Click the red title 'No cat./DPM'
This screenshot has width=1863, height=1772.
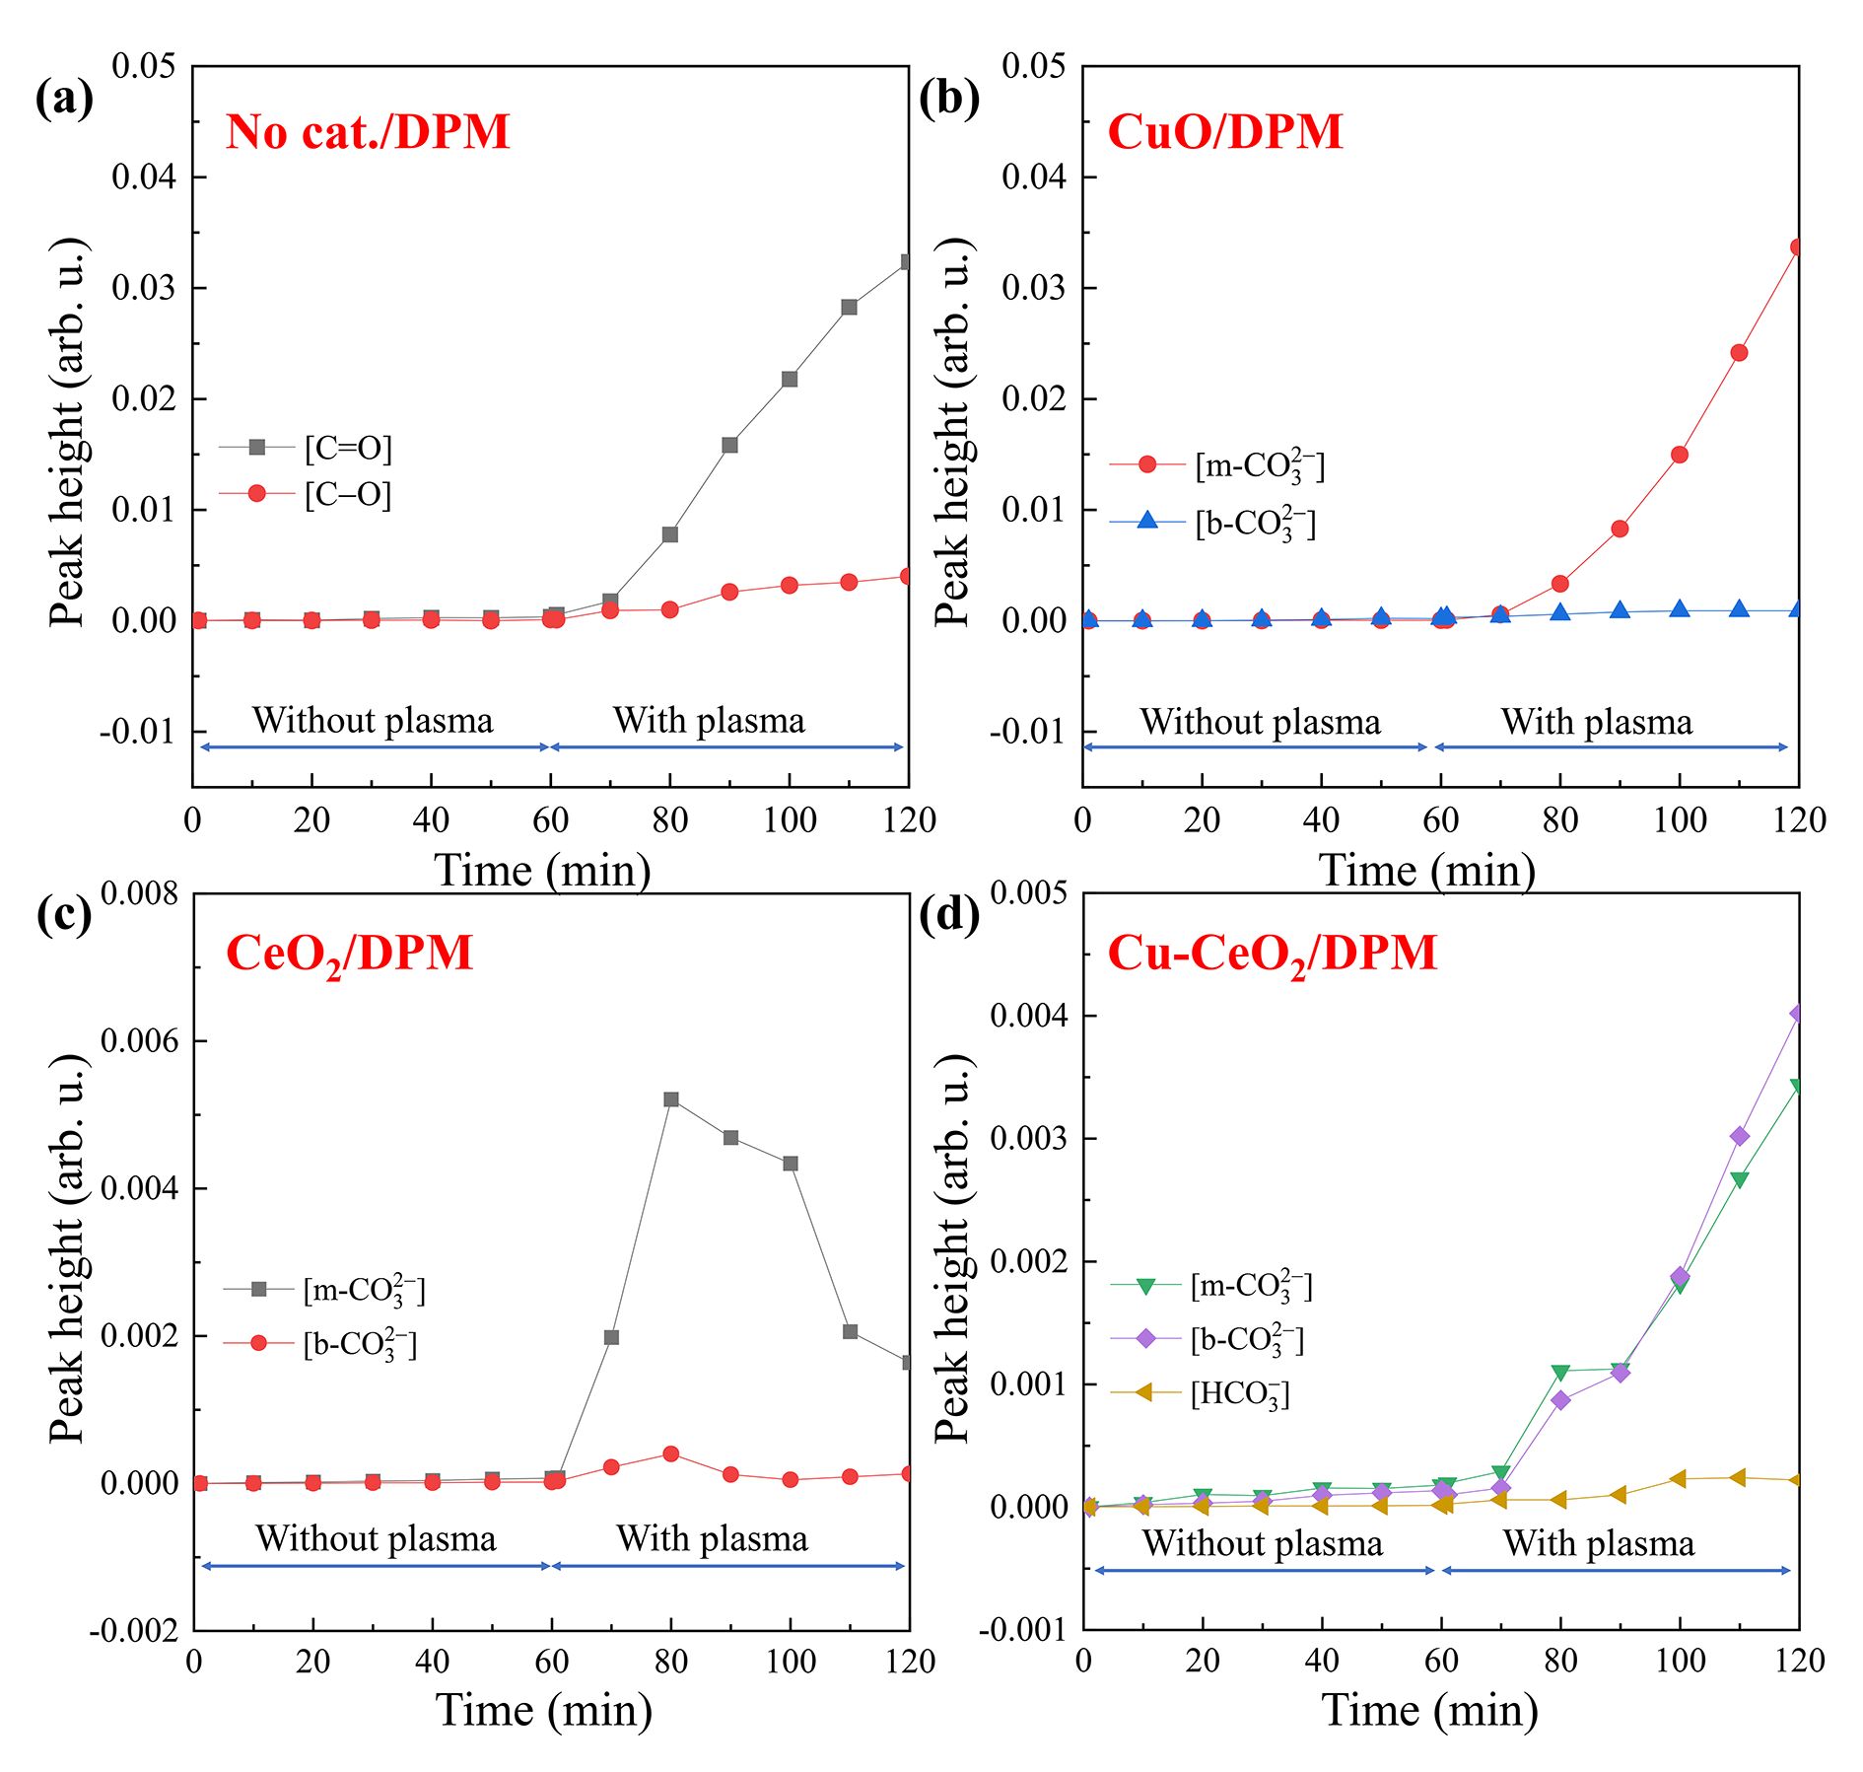pyautogui.click(x=368, y=131)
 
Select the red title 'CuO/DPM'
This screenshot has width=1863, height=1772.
pyautogui.click(x=1225, y=131)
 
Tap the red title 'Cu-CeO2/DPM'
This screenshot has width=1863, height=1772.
pyautogui.click(x=1272, y=954)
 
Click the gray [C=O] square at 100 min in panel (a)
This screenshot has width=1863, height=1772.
pyautogui.click(x=790, y=379)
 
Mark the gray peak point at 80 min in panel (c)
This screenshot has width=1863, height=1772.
pyautogui.click(x=671, y=1099)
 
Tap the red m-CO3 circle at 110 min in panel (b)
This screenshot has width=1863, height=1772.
pyautogui.click(x=1739, y=353)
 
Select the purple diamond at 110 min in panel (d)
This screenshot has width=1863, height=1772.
pyautogui.click(x=1740, y=1137)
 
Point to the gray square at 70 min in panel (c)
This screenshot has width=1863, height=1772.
pyautogui.click(x=611, y=1338)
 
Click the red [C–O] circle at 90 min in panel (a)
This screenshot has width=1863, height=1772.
pyautogui.click(x=729, y=592)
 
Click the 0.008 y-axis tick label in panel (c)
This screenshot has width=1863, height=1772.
pyautogui.click(x=140, y=893)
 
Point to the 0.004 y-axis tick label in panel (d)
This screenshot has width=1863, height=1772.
pyautogui.click(x=1029, y=1016)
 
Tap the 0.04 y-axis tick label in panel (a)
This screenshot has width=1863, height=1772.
pyautogui.click(x=144, y=177)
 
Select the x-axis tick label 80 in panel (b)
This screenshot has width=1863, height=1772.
pyautogui.click(x=1560, y=820)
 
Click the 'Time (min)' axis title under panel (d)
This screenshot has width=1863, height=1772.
pyautogui.click(x=1429, y=1710)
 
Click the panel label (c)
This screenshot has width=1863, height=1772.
pyautogui.click(x=63, y=916)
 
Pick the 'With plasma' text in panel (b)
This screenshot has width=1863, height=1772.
pyautogui.click(x=1597, y=722)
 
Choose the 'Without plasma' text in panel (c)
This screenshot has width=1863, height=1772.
pyautogui.click(x=376, y=1538)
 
